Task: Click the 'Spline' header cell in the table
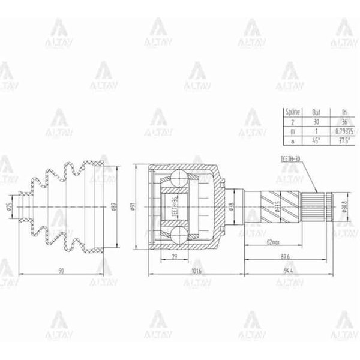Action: coord(292,112)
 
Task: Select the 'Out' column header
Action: coord(316,112)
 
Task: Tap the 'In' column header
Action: coord(344,112)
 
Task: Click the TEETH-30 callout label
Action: coord(291,157)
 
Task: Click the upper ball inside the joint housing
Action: coord(178,178)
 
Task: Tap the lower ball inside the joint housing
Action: coord(178,234)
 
